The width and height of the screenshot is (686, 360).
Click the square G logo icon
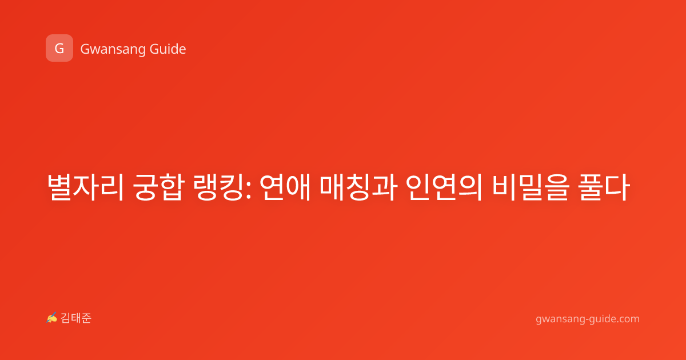click(x=59, y=48)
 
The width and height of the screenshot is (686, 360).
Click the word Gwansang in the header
click(x=113, y=50)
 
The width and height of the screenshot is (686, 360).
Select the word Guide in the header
click(x=168, y=49)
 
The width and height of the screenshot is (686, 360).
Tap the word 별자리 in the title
click(x=85, y=187)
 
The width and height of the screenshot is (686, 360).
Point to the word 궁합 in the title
click(x=159, y=187)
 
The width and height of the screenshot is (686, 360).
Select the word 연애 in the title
click(x=285, y=187)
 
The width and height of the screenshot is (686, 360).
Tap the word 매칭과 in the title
click(x=358, y=187)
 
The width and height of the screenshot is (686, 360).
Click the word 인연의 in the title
click(x=444, y=187)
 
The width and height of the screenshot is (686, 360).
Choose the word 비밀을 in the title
click(x=531, y=187)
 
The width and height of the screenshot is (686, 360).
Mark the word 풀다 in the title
click(x=604, y=187)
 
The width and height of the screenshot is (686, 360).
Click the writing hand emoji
click(x=52, y=318)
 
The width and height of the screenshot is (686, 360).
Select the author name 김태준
click(x=76, y=318)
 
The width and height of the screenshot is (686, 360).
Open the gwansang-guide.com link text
click(x=588, y=319)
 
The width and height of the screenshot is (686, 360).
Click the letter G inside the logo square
click(x=59, y=49)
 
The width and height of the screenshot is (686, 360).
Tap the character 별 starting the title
click(x=60, y=187)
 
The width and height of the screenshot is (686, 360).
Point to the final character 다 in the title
click(x=617, y=187)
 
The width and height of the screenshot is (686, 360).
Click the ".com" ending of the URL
click(x=627, y=319)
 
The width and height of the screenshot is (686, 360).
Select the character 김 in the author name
click(x=66, y=318)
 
